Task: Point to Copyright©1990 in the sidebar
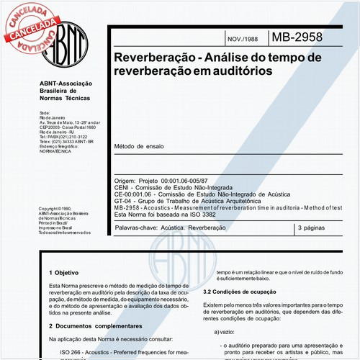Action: click(56, 209)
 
